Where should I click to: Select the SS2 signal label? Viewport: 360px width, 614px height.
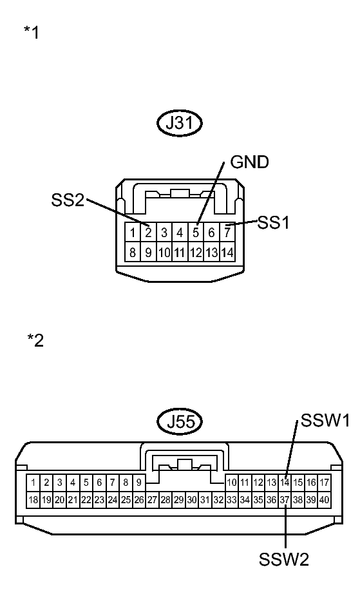click(x=68, y=200)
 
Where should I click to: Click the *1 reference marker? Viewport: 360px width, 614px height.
click(x=31, y=32)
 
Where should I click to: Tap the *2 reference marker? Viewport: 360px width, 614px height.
click(x=35, y=340)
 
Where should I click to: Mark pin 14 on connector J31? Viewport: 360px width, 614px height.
click(x=227, y=253)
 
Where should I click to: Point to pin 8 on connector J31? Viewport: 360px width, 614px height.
click(x=133, y=253)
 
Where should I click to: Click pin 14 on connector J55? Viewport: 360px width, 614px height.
click(x=285, y=482)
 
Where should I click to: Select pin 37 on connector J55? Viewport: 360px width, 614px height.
click(x=285, y=499)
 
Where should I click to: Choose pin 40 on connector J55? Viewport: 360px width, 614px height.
click(x=325, y=499)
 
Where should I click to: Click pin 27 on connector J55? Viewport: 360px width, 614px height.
click(x=152, y=499)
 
